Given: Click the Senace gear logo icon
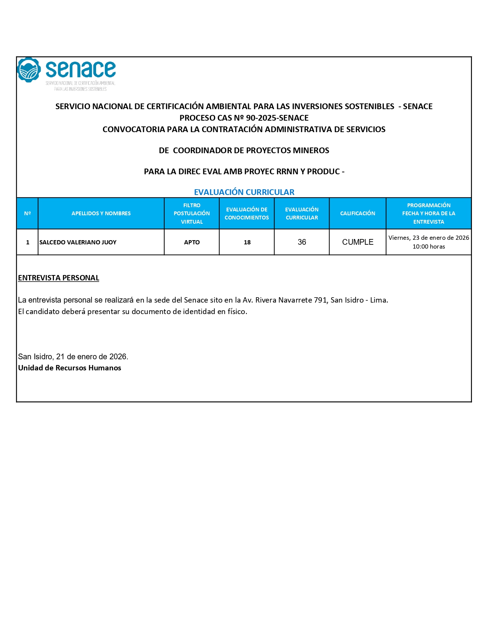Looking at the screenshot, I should click(x=29, y=70).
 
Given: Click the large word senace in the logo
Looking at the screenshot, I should click(x=81, y=69).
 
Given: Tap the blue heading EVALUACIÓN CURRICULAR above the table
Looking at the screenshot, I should click(x=244, y=192).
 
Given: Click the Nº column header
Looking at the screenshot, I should click(x=28, y=213).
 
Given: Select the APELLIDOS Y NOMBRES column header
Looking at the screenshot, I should click(x=101, y=213).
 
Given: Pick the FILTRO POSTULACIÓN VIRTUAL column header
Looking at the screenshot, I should click(x=192, y=213).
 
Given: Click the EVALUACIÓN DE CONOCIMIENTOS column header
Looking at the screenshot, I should click(x=247, y=213).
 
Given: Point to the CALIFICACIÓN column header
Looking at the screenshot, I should click(x=357, y=213).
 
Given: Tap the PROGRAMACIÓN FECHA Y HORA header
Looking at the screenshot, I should click(x=429, y=213).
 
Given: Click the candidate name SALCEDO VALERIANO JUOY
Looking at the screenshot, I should click(x=78, y=242).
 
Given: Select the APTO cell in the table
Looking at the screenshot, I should click(x=192, y=242).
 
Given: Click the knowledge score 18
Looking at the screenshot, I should click(x=247, y=242).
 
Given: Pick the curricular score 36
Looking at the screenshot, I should click(x=302, y=242).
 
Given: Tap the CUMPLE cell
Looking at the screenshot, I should click(x=357, y=242).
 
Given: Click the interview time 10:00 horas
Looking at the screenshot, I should click(x=429, y=247).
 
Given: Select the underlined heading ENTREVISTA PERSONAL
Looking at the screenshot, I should click(x=59, y=278).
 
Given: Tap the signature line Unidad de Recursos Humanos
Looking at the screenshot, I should click(x=70, y=368).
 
